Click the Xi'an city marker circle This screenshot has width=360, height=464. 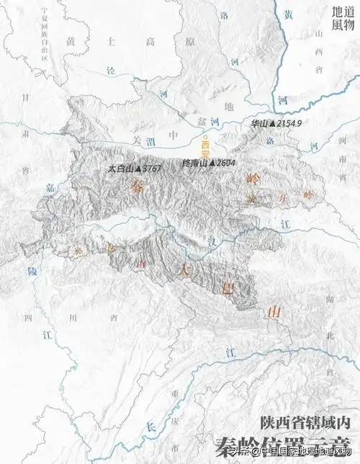[x=205, y=138]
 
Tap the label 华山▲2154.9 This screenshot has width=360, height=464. [x=276, y=124]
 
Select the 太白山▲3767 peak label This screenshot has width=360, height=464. [x=133, y=169]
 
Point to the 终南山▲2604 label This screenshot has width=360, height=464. [x=209, y=164]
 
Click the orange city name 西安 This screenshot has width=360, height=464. [x=205, y=150]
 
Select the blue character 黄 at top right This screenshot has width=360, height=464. [x=288, y=14]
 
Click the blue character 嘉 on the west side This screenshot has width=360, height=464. [x=50, y=187]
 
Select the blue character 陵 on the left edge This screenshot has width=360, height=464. [x=30, y=271]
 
